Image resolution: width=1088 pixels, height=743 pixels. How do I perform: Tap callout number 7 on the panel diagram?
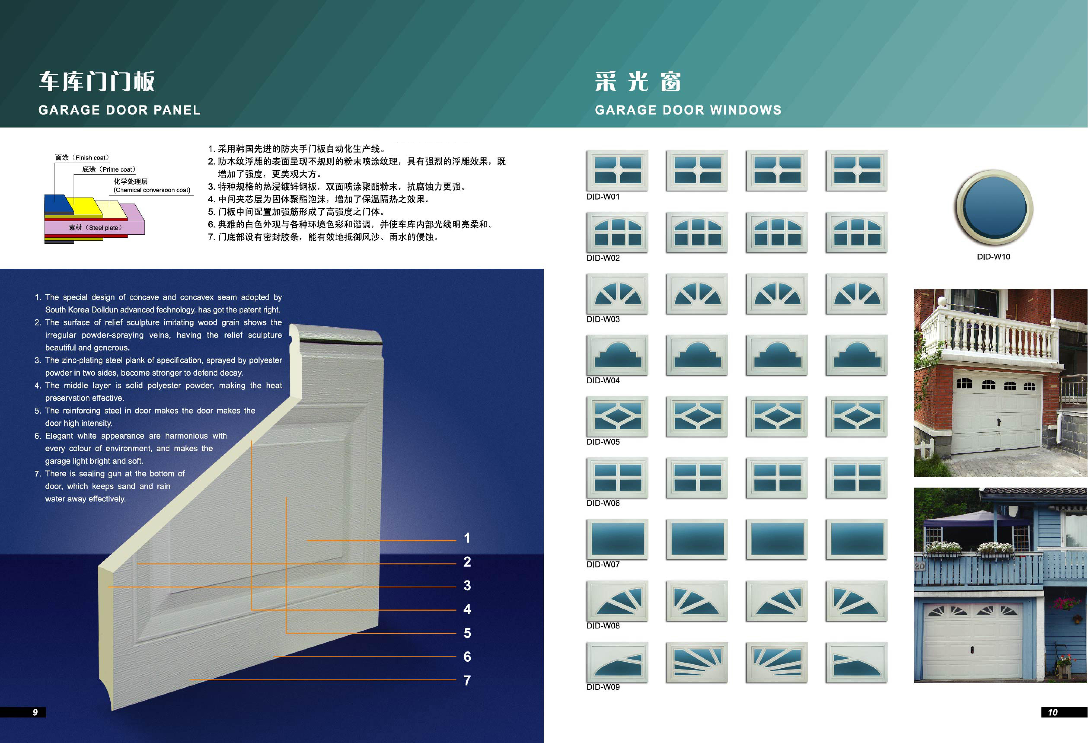[467, 680]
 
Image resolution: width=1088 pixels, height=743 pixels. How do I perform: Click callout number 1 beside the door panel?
[467, 538]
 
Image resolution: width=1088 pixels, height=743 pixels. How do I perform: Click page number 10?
[1052, 712]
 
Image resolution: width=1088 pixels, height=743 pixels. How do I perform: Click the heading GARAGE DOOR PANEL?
[119, 110]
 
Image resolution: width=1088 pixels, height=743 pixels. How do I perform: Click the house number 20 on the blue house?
[919, 566]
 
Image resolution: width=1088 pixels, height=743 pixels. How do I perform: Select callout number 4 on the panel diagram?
[467, 609]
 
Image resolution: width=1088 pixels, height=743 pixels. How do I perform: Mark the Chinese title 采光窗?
[638, 81]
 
